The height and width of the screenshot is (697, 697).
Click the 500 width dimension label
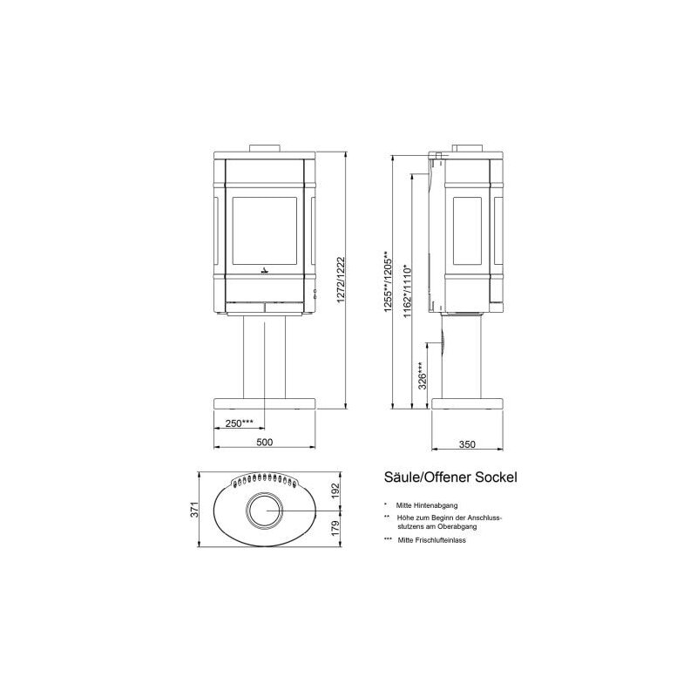coord(265,443)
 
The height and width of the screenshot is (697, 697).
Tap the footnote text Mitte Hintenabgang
coord(426,504)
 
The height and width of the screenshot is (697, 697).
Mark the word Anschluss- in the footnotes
coord(486,518)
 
